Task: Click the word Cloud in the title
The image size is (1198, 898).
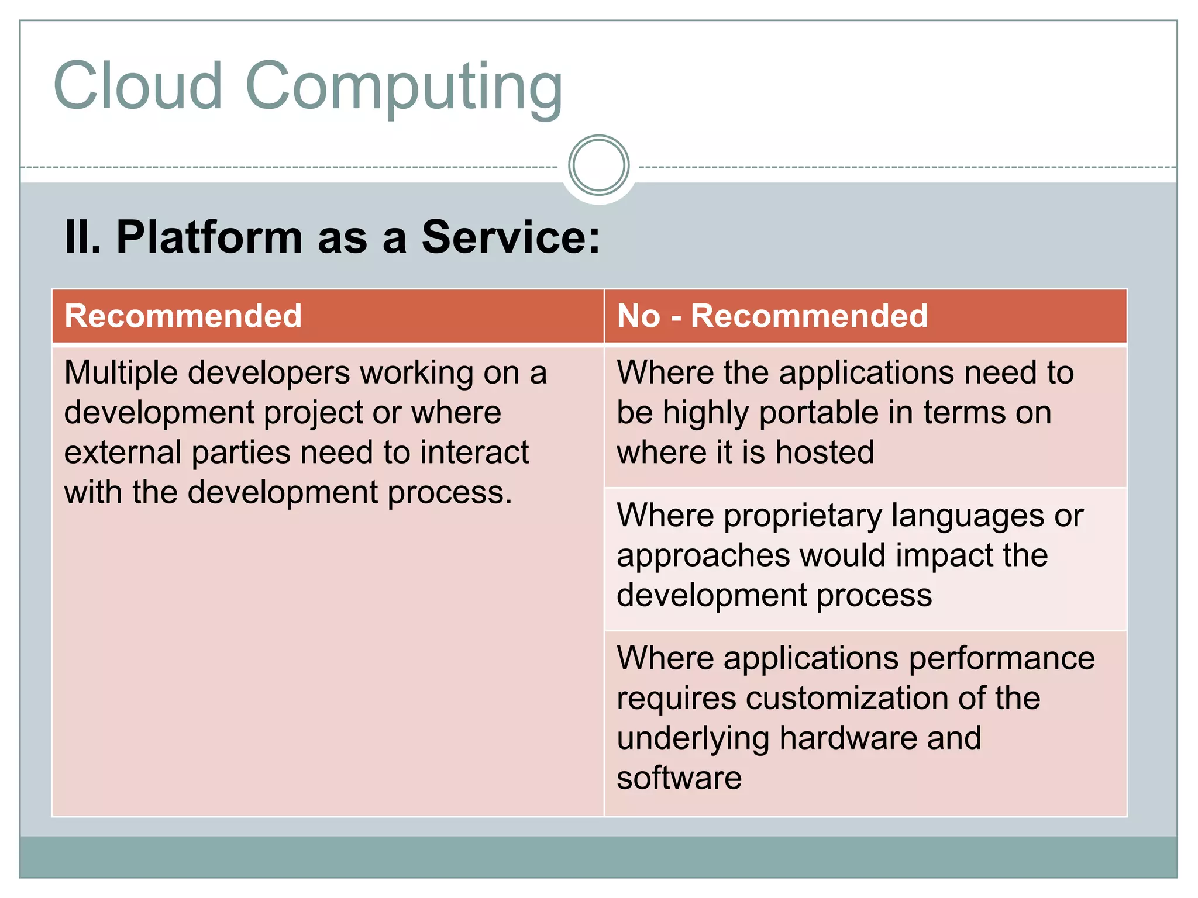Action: tap(138, 86)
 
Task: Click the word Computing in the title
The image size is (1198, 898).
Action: tap(404, 88)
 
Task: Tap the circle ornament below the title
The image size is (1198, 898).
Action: tap(598, 165)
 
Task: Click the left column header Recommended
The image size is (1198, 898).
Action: tap(183, 316)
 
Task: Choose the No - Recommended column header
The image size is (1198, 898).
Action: tap(772, 316)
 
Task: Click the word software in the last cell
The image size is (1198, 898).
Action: tap(679, 778)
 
